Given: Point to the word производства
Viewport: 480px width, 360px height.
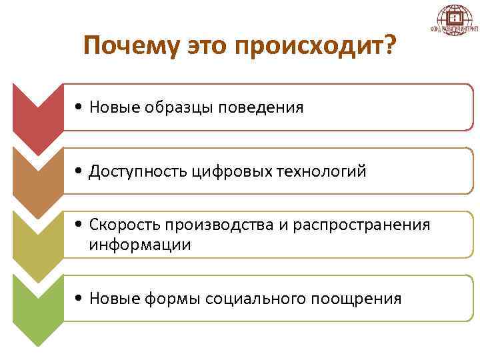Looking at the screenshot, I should point(216,225).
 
